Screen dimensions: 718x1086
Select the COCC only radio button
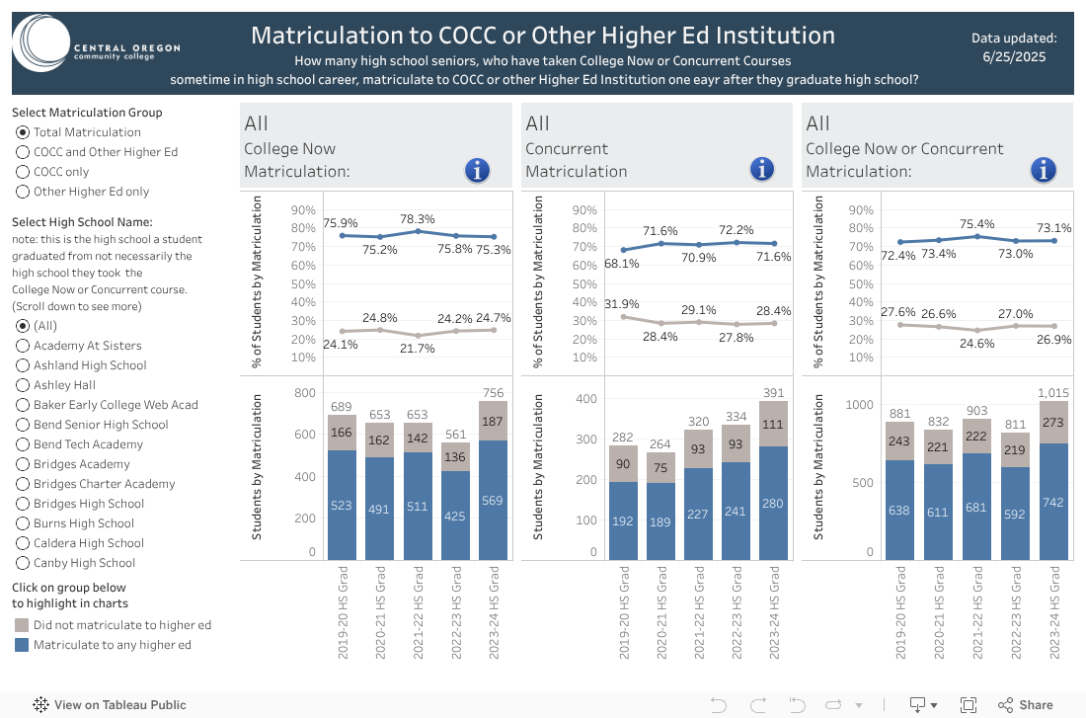pos(23,172)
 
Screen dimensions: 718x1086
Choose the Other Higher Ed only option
pos(23,192)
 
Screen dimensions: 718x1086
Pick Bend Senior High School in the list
pos(23,425)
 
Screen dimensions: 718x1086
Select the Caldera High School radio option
pos(23,543)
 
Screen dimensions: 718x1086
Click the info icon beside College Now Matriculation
pos(477,170)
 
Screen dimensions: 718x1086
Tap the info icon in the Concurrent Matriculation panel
pos(761,170)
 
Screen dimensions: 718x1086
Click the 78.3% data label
pos(418,219)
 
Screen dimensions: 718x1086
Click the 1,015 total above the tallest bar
pos(1052,392)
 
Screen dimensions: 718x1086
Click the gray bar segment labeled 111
pos(773,425)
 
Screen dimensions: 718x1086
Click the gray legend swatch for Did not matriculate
pos(22,625)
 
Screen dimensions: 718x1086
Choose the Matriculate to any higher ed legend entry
pos(112,645)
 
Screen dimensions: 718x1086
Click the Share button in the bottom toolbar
pos(1025,704)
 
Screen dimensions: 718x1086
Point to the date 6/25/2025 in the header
pos(1014,56)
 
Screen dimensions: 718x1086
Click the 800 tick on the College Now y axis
pos(306,393)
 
